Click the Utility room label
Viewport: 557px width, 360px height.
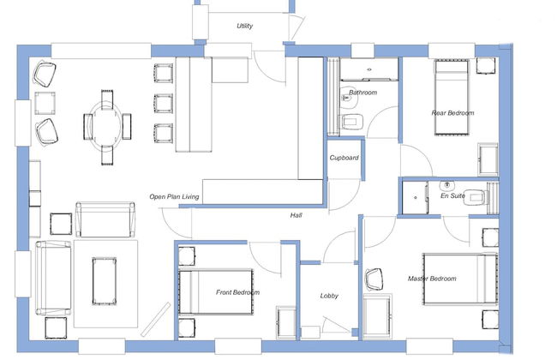tap(245, 26)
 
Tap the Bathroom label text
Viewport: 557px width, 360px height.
tap(362, 93)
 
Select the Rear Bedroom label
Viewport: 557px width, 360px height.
tap(452, 113)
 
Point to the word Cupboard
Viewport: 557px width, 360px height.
tap(344, 158)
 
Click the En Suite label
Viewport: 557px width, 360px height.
tap(452, 195)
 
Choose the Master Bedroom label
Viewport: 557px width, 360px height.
tap(432, 279)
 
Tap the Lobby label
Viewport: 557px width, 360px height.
tap(329, 296)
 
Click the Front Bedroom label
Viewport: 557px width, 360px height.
tap(237, 292)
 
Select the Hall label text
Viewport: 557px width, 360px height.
tap(296, 215)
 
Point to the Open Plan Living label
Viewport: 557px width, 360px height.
tap(174, 197)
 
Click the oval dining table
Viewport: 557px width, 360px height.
tap(105, 127)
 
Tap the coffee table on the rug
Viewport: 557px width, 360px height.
tap(104, 281)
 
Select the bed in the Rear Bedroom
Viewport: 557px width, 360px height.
tap(452, 97)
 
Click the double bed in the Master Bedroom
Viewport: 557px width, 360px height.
tap(459, 279)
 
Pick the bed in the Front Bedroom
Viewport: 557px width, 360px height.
tap(216, 292)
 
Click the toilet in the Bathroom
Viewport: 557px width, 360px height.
tap(350, 122)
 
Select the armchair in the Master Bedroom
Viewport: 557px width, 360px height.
tap(374, 279)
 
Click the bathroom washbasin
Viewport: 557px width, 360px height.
tap(348, 98)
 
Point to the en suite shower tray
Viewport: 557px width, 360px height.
tap(415, 198)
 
